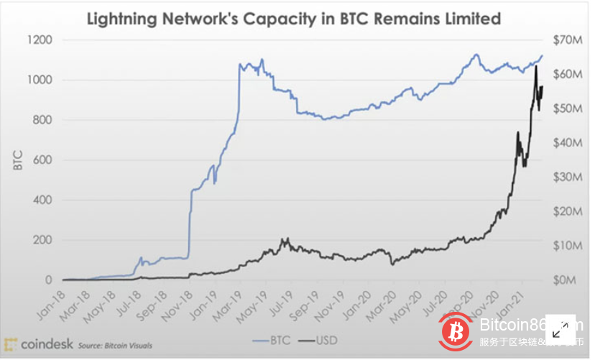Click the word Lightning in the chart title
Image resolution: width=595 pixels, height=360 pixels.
tap(123, 19)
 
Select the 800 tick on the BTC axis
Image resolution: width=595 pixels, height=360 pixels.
tap(42, 120)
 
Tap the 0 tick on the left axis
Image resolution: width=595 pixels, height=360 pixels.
tap(50, 280)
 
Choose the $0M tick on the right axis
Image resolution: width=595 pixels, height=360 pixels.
tap(565, 280)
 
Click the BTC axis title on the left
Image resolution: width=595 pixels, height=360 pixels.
tap(18, 160)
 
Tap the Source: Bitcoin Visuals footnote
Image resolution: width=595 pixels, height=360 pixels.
tap(115, 346)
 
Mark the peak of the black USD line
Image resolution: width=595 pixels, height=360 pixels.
tap(535, 66)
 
